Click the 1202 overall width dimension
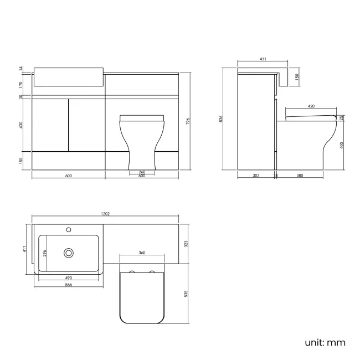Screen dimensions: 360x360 click(x=105, y=213)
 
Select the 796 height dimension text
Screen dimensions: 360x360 click(x=188, y=121)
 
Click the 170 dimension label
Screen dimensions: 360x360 click(x=21, y=85)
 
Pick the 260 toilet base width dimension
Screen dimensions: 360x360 click(x=142, y=172)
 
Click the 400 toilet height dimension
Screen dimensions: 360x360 click(x=342, y=145)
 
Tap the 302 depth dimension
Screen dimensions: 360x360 click(x=256, y=176)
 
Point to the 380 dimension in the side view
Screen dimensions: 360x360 click(x=300, y=176)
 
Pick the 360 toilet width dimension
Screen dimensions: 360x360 click(x=142, y=253)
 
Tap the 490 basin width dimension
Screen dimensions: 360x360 click(x=69, y=278)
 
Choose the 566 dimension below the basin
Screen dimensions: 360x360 click(x=69, y=285)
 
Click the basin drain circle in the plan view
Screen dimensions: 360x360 click(x=69, y=253)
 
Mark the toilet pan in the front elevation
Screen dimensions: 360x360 click(x=142, y=141)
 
